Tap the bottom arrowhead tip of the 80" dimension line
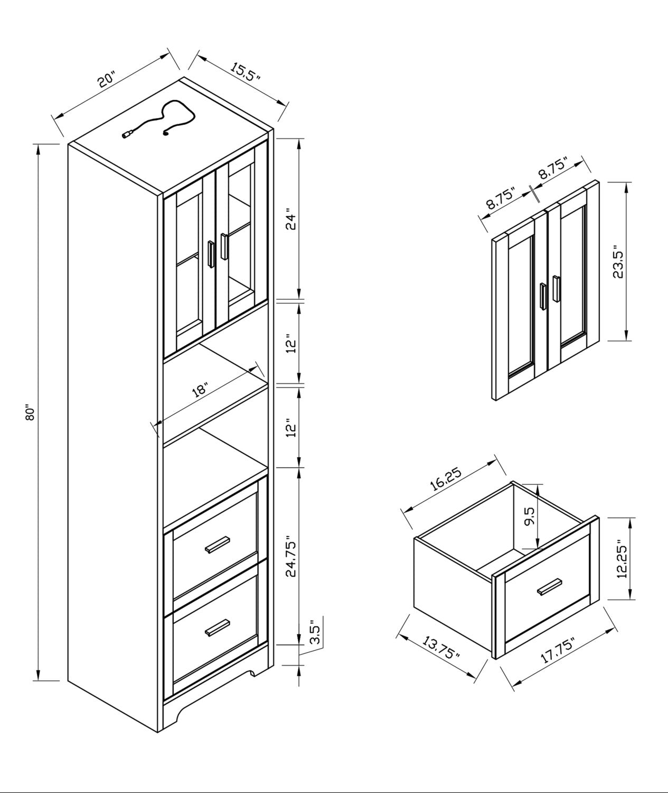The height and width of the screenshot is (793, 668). pos(38,680)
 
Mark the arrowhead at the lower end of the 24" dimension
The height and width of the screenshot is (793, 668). pos(299,299)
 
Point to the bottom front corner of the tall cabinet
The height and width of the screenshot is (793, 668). pos(157,733)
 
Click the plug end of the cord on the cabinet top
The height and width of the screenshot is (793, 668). pos(127,134)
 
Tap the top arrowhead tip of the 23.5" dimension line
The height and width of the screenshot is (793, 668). pos(625,182)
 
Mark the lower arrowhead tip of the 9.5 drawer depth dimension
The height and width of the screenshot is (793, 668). pos(538,548)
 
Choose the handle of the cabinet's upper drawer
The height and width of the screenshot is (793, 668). pos(218,545)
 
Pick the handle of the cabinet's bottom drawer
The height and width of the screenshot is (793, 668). pos(218,628)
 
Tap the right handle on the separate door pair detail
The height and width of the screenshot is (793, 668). pos(557,289)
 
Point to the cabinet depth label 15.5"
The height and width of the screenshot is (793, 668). pos(245,72)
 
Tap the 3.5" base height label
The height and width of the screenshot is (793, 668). pos(316,632)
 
